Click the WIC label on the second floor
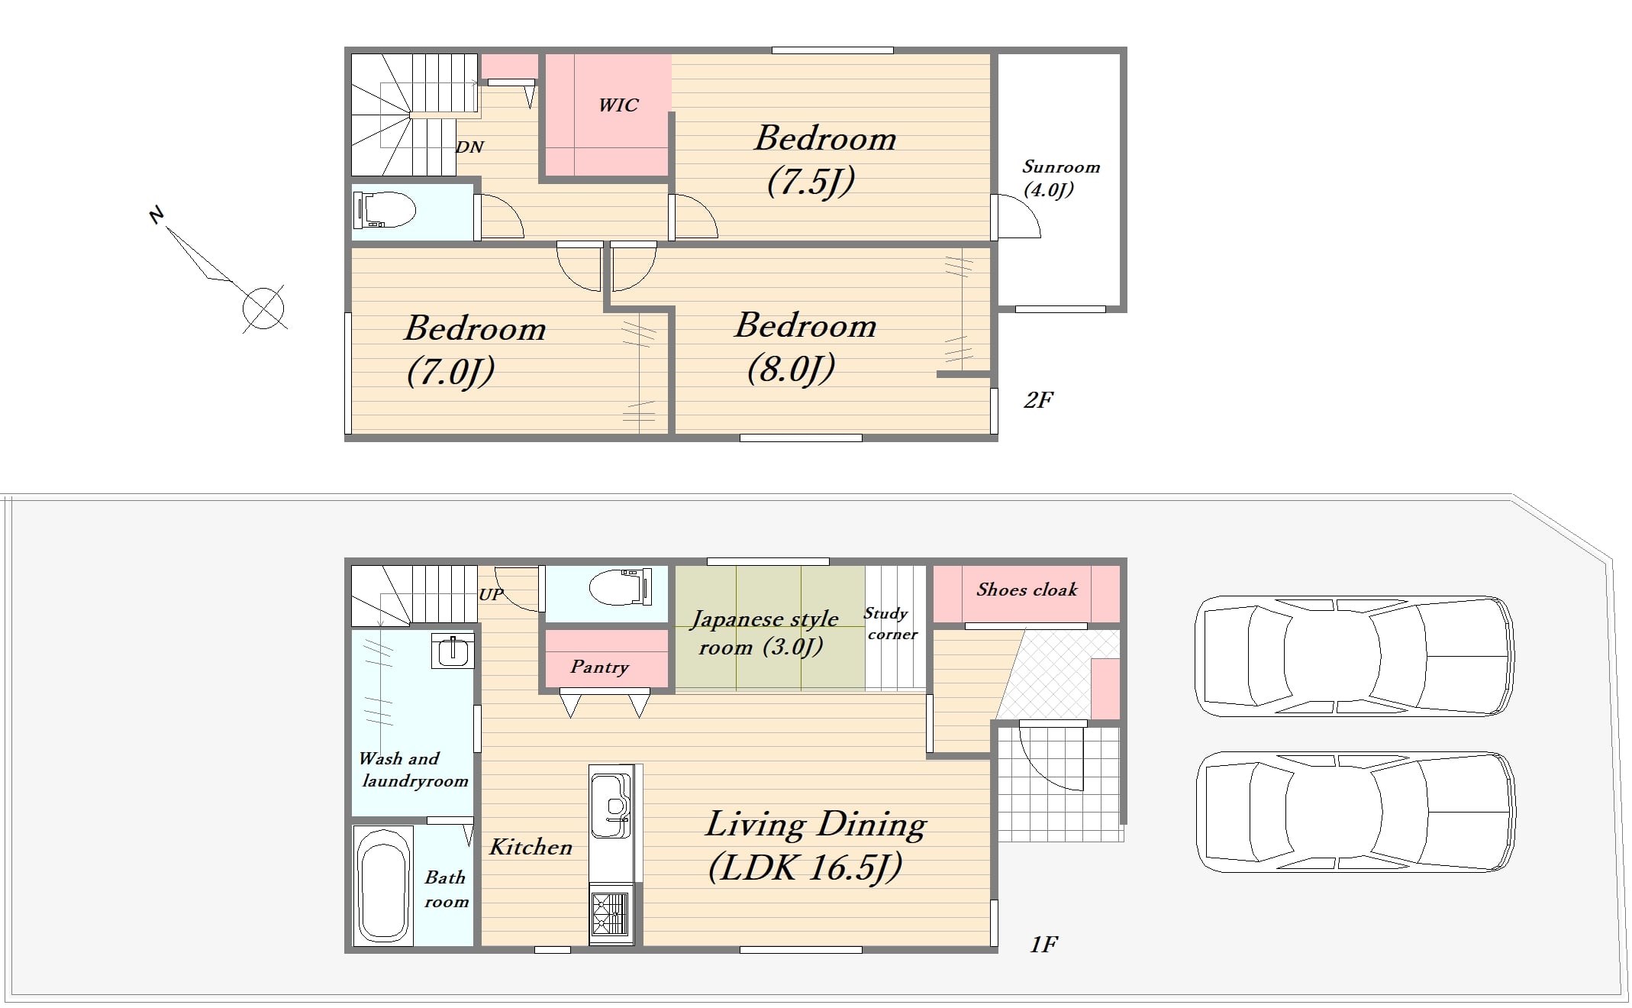pos(618,105)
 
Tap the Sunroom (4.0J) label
pos(1060,178)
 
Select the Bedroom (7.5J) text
pos(824,160)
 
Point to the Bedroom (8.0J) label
pos(805,347)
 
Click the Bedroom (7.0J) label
pos(474,351)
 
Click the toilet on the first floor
pos(621,586)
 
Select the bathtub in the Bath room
pos(382,885)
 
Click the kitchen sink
pos(611,806)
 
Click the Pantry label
pos(600,667)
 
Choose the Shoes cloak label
pos(1027,590)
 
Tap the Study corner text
pos(890,624)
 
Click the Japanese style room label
pos(763,633)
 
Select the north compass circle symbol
pos(263,309)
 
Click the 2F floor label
pos(1038,400)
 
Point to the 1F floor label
pos(1043,945)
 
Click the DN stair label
pos(469,147)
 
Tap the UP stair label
pos(491,594)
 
